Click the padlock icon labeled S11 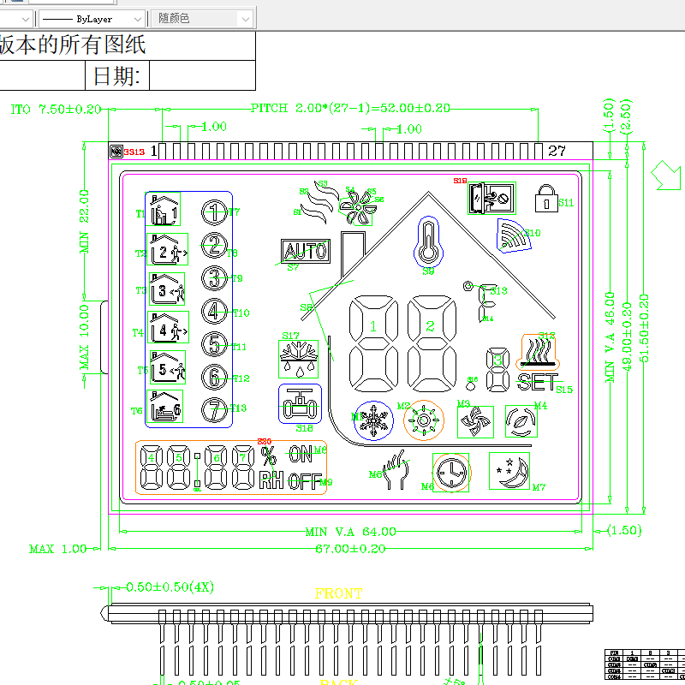(545, 199)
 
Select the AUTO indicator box (305, 251)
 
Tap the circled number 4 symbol (214, 313)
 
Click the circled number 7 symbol (214, 409)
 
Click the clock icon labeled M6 (450, 473)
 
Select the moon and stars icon (509, 472)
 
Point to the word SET (536, 382)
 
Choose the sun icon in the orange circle (424, 420)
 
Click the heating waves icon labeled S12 (539, 350)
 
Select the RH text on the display (271, 480)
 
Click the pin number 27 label (557, 151)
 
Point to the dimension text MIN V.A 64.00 (350, 533)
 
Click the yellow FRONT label (338, 593)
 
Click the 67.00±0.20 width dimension (350, 548)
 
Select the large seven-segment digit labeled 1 (372, 342)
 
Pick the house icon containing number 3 (166, 289)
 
